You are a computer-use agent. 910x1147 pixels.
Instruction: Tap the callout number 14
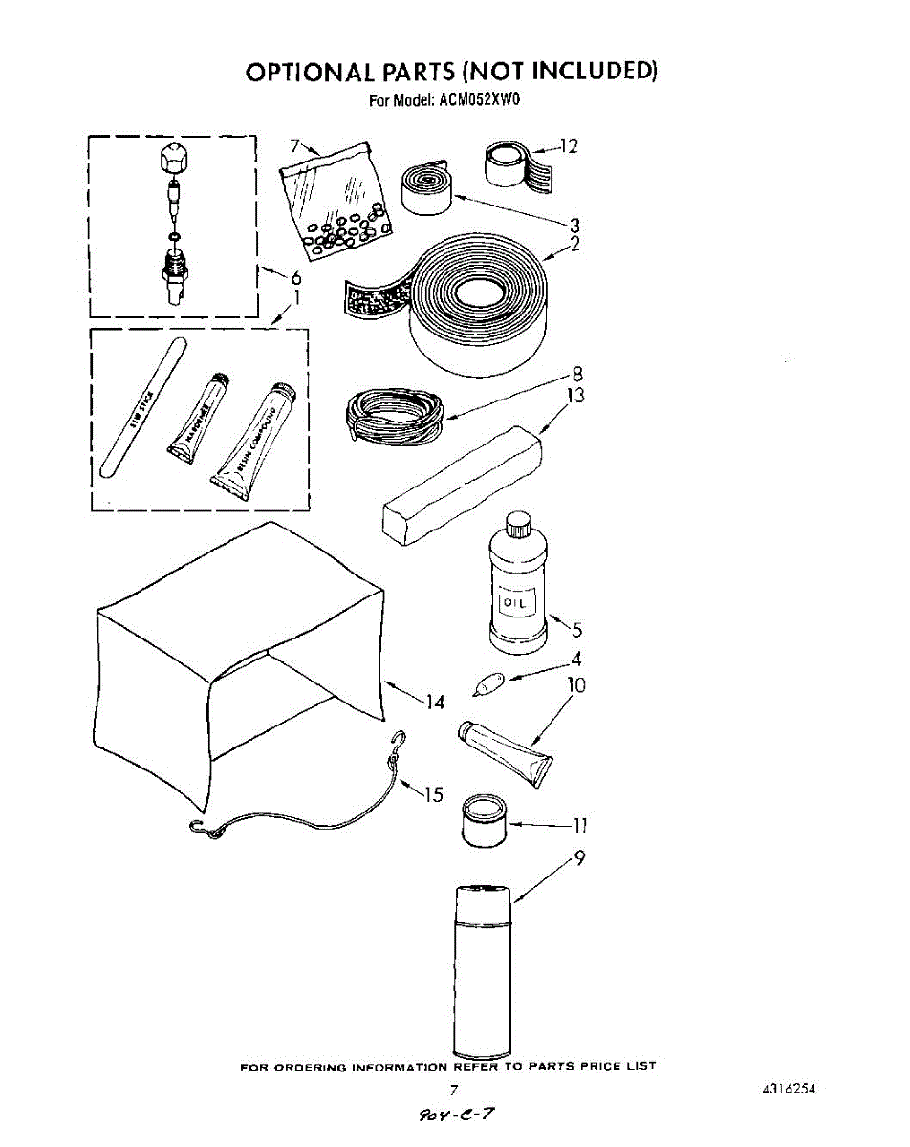pyautogui.click(x=435, y=703)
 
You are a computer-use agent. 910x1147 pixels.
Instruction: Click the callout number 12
pyautogui.click(x=570, y=146)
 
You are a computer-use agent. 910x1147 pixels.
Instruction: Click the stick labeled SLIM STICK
pyautogui.click(x=140, y=405)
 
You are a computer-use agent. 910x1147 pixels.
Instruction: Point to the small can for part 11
pyautogui.click(x=484, y=821)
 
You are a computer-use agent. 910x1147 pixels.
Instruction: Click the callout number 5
pyautogui.click(x=576, y=630)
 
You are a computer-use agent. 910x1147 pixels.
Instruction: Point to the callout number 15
pyautogui.click(x=434, y=794)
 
